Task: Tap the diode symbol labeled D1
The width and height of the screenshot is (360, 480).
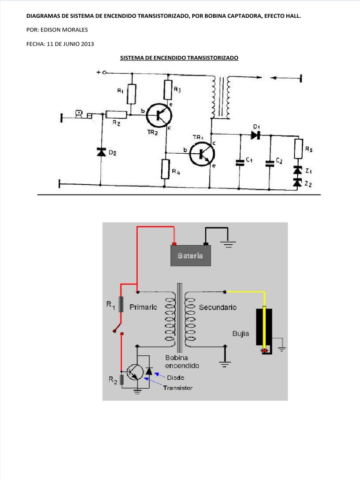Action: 255,135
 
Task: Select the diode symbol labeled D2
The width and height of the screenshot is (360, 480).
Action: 101,152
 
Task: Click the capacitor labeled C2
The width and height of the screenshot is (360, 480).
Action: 270,163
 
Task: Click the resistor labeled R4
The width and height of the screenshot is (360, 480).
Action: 165,169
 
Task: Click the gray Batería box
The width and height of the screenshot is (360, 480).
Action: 190,255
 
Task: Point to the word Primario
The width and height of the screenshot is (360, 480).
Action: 144,307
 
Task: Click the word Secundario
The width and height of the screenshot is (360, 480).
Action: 217,307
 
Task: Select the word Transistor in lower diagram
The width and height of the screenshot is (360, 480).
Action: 178,388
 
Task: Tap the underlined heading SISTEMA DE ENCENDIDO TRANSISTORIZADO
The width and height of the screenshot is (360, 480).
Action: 180,58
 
